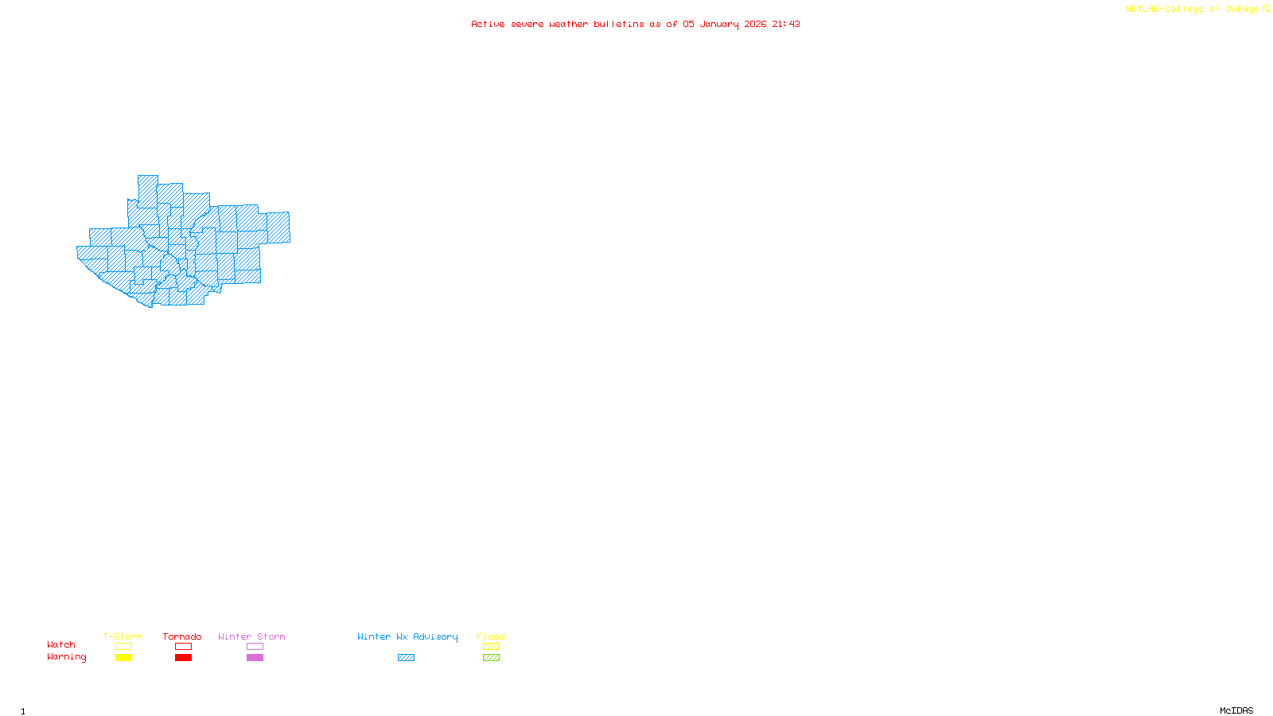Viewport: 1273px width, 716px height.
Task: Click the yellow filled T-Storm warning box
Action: coord(123,658)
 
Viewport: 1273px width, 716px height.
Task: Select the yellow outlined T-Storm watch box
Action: coord(123,647)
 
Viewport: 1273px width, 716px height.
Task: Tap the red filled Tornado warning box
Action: coord(183,658)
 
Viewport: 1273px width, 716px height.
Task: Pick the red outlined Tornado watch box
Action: coord(183,647)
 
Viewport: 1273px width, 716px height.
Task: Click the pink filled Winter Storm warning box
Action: coord(255,658)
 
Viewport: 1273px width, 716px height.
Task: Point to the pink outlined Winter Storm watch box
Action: coord(255,647)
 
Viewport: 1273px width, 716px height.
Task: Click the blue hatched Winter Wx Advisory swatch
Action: coord(406,658)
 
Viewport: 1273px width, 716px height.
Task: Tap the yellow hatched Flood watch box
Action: coord(491,647)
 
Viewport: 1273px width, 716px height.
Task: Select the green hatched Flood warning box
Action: coord(491,658)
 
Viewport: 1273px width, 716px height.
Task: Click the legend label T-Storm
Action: coord(123,636)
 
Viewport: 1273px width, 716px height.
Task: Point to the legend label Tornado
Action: coord(182,636)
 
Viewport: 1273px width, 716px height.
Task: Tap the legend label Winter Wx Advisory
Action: coord(407,636)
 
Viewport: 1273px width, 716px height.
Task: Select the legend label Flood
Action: coord(491,636)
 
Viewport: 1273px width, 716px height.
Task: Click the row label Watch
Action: coord(61,645)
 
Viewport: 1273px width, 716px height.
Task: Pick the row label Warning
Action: coord(67,657)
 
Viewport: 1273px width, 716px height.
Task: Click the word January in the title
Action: coord(719,25)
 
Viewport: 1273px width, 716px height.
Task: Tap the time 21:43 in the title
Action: coord(786,25)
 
